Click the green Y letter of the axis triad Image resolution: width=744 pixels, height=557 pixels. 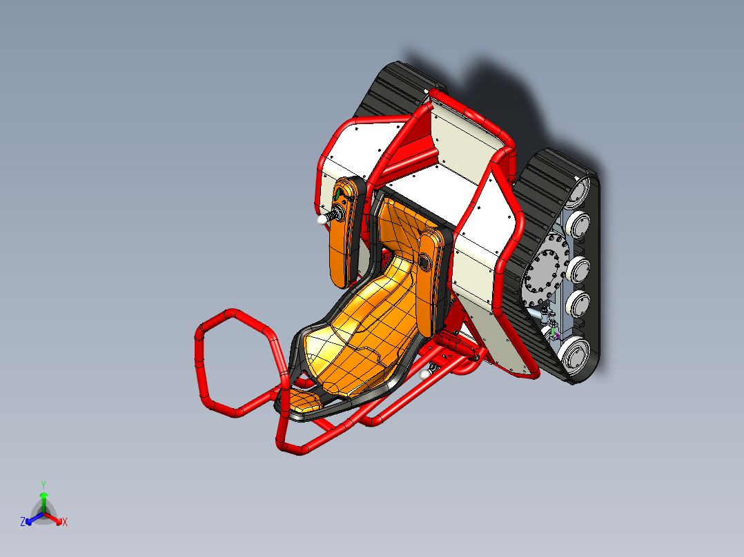point(43,484)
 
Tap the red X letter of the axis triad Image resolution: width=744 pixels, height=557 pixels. point(65,523)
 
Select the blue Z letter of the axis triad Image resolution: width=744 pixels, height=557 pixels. point(23,523)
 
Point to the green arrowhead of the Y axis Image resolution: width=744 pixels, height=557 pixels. point(43,495)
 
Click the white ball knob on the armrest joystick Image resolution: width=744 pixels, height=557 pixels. point(321,219)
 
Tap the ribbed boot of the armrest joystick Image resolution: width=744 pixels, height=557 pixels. point(335,214)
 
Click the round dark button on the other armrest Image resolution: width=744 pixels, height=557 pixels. point(423,261)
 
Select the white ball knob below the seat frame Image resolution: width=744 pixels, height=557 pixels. point(424,374)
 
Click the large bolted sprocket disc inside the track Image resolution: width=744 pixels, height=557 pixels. point(546,272)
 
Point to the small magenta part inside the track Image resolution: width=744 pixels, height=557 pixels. point(555,338)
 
